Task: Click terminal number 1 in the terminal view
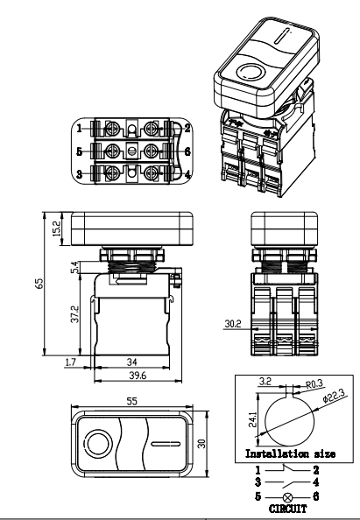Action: click(78, 127)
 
